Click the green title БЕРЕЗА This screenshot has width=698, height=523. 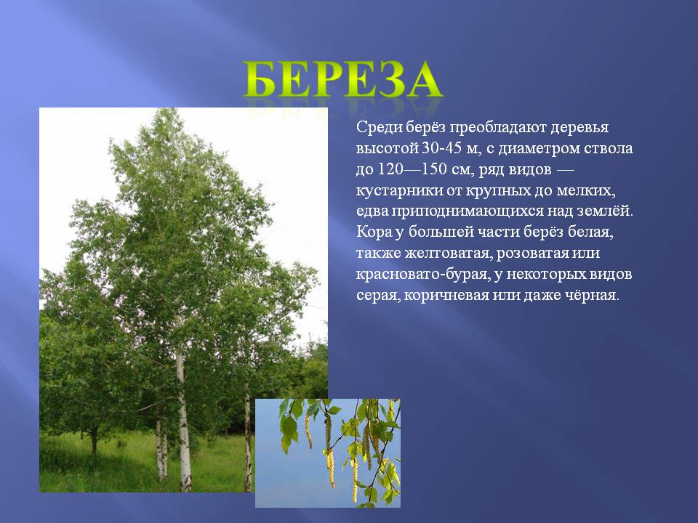tap(342, 80)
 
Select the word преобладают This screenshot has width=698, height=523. tap(497, 128)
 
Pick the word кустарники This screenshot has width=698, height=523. tap(399, 190)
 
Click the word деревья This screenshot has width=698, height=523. tap(579, 128)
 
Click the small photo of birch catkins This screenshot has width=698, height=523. tap(328, 453)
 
